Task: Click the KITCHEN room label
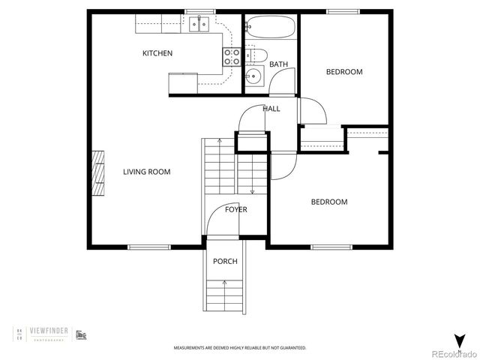157,53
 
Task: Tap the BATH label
278,64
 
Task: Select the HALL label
271,109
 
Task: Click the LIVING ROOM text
146,172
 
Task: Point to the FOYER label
236,209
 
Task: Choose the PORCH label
225,261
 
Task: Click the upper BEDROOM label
343,72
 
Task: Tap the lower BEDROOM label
329,202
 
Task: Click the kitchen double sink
199,25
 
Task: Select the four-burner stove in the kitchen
232,57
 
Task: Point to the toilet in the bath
258,55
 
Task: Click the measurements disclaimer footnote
240,348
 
